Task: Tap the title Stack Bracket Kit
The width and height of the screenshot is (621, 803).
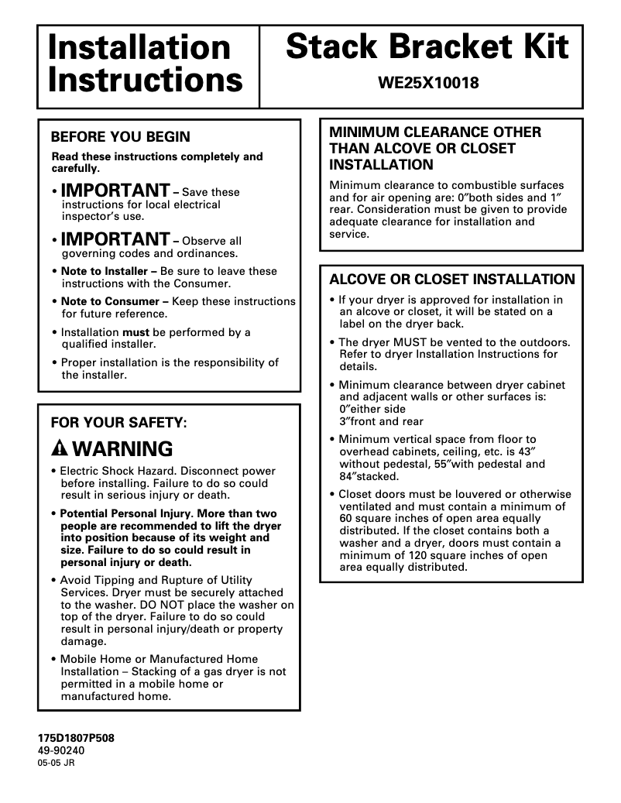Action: tap(427, 47)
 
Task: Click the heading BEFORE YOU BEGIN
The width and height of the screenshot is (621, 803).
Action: tap(120, 137)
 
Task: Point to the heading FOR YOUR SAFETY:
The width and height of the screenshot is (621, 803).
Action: tap(118, 423)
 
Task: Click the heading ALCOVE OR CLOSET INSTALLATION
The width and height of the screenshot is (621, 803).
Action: tap(452, 280)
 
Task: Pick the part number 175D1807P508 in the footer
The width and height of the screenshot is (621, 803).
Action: tap(76, 739)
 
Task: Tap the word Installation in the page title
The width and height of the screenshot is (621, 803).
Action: tap(139, 47)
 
